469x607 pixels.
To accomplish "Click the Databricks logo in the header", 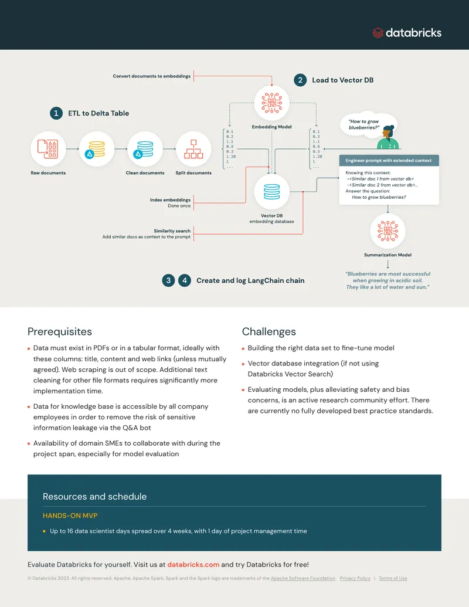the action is (407, 33).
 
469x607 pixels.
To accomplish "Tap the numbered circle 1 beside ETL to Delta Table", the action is (56, 113).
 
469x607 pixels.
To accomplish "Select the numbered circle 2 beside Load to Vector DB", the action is (300, 80).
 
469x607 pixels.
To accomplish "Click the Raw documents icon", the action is (48, 149).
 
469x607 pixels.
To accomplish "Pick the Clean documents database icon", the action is (145, 149).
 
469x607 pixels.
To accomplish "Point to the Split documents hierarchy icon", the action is (193, 149).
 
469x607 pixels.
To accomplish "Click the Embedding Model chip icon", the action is (271, 103).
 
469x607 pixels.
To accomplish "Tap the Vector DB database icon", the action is (271, 192).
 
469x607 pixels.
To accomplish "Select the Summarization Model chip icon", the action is (388, 231).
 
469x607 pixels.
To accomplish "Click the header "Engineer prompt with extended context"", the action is (389, 160).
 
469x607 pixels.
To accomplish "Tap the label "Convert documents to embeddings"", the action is (152, 76).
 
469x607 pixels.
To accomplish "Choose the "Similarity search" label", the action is (172, 230).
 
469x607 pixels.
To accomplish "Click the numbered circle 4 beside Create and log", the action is (185, 280).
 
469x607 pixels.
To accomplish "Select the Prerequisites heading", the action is (60, 331).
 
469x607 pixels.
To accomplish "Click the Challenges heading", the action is (269, 331).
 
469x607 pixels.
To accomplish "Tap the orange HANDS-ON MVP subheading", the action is (70, 516).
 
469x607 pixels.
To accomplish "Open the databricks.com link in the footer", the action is (193, 564).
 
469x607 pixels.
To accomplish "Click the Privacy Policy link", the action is (355, 578).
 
